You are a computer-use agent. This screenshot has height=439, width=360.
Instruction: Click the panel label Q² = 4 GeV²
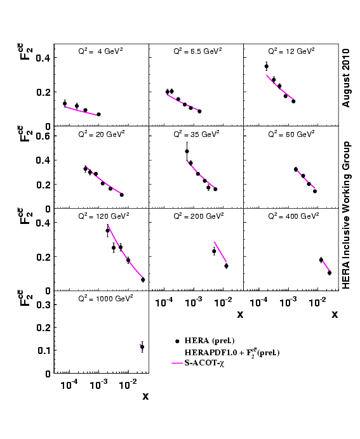pyautogui.click(x=100, y=51)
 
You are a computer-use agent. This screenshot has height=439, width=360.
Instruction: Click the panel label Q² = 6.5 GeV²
pyautogui.click(x=195, y=51)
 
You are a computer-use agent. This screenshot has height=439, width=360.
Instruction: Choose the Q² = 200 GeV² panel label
pyautogui.click(x=195, y=216)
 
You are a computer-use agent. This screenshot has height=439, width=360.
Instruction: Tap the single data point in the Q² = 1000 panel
pyautogui.click(x=142, y=346)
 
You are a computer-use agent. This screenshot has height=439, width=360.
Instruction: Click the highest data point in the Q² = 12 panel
pyautogui.click(x=267, y=66)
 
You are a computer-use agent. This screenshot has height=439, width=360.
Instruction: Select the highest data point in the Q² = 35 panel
pyautogui.click(x=187, y=151)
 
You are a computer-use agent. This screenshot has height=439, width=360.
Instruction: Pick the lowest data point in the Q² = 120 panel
pyautogui.click(x=143, y=279)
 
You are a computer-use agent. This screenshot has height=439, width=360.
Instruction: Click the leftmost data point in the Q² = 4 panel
pyautogui.click(x=65, y=103)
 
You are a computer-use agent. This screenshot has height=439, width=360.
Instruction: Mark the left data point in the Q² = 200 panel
pyautogui.click(x=214, y=251)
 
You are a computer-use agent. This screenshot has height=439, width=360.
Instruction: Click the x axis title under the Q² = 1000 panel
pyautogui.click(x=145, y=396)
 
